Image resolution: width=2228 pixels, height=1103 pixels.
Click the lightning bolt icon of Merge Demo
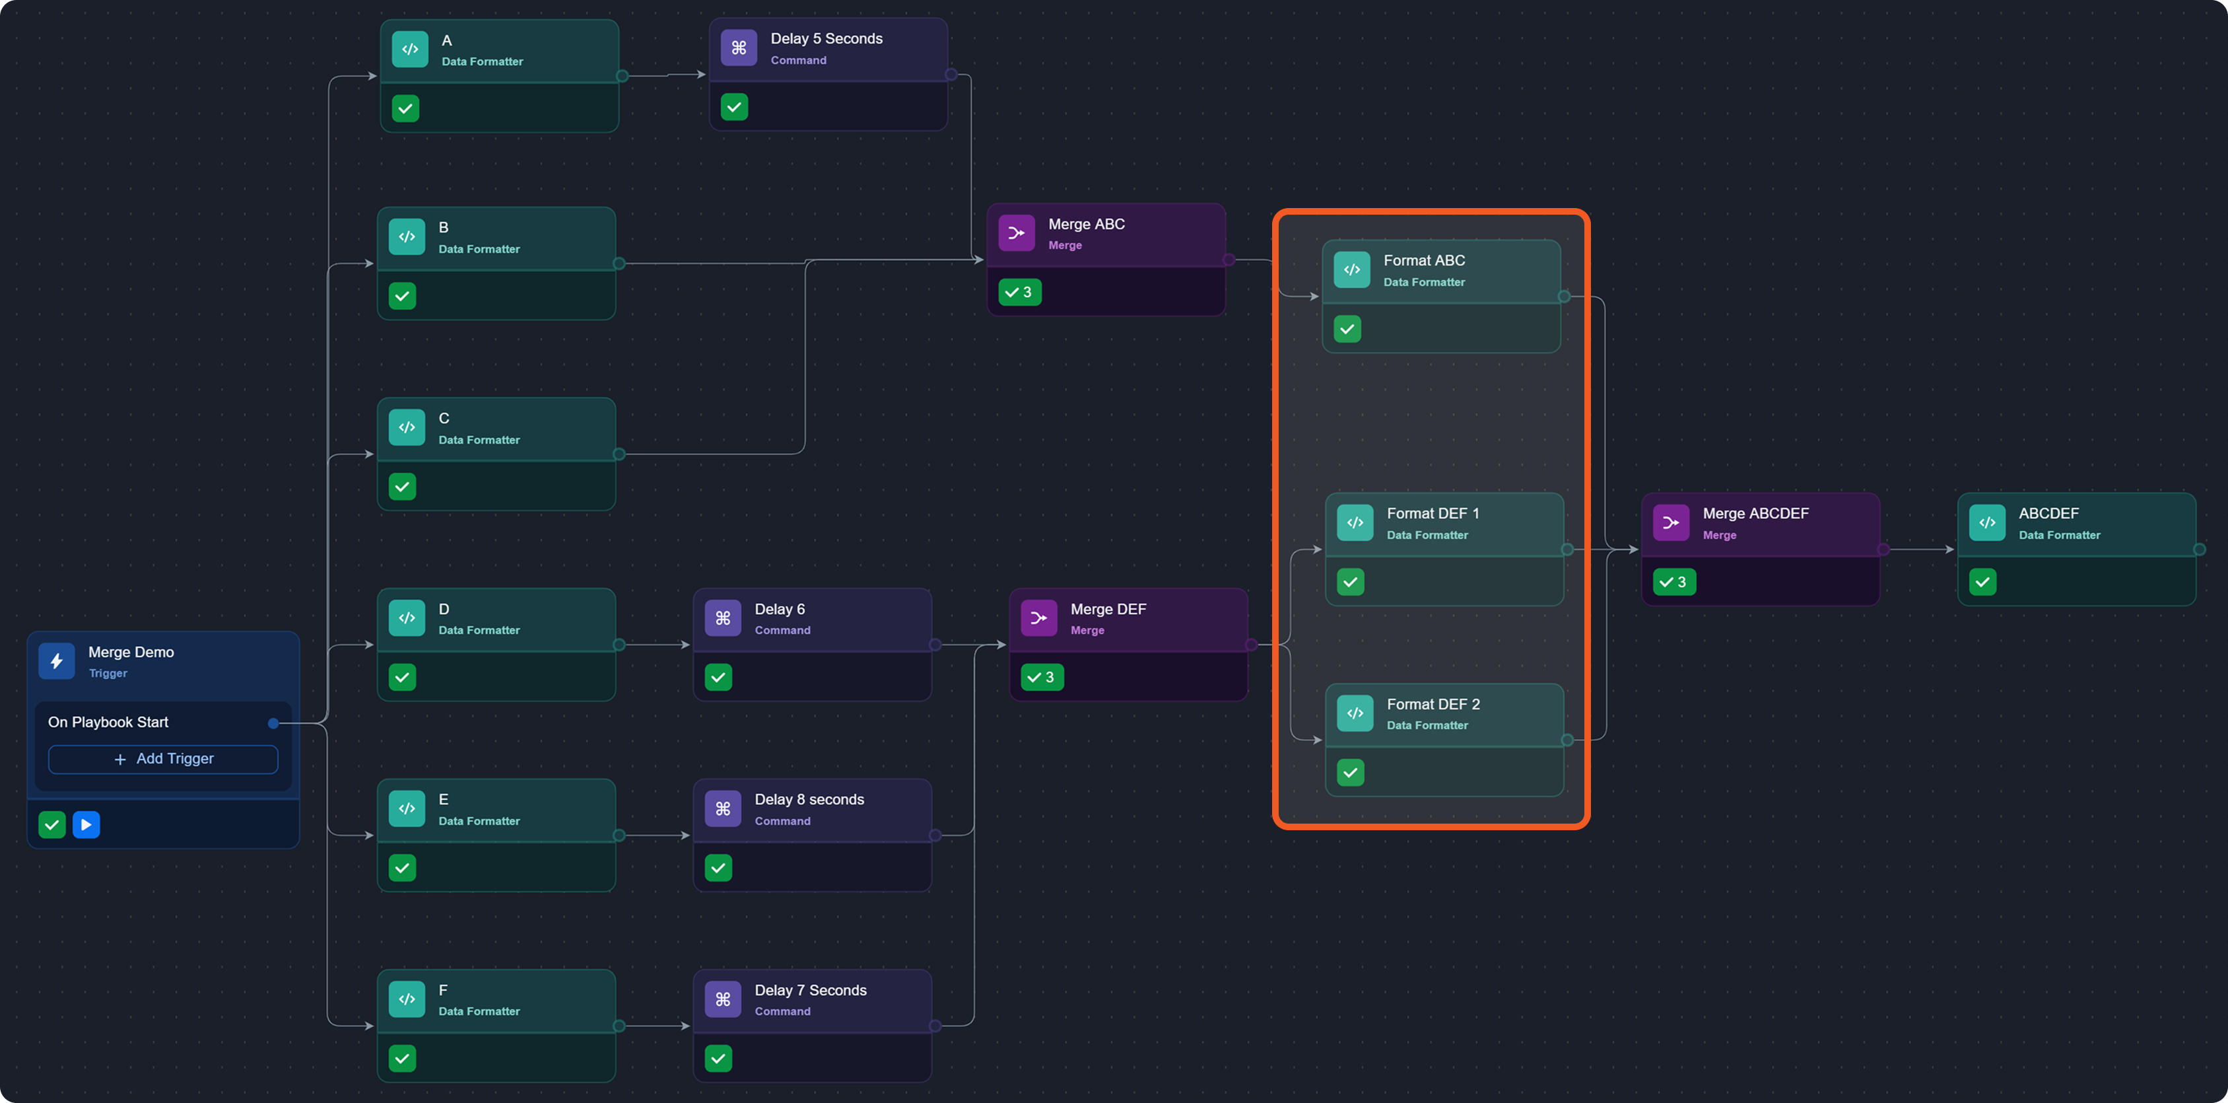[x=56, y=662]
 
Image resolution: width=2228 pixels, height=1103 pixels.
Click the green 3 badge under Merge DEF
[x=1042, y=678]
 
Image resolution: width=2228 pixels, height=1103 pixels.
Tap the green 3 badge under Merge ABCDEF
[x=1673, y=582]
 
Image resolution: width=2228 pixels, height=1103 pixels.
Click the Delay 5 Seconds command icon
[x=739, y=48]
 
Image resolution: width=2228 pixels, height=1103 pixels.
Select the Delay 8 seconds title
[x=809, y=799]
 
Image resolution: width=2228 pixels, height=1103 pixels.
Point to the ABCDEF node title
[x=2048, y=513]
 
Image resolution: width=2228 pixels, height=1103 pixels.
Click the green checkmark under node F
[x=402, y=1058]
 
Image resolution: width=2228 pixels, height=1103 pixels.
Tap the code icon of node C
[x=407, y=427]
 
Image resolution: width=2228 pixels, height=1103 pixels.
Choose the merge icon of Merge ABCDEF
[x=1670, y=522]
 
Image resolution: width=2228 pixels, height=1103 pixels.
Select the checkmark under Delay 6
[x=718, y=678]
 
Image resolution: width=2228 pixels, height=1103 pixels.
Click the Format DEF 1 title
[x=1433, y=513]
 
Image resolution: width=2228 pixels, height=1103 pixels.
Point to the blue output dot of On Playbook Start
[x=273, y=723]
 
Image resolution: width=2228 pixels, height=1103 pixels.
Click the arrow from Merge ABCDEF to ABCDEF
[x=1918, y=550]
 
